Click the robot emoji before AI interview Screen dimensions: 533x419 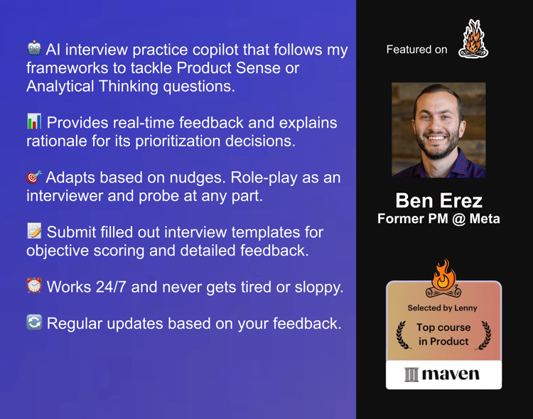click(x=34, y=48)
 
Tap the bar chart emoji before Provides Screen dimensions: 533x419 click(x=34, y=121)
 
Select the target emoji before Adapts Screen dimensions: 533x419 click(x=34, y=177)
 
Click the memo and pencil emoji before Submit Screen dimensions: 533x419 click(x=34, y=231)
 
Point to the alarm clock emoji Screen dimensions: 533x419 click(x=34, y=285)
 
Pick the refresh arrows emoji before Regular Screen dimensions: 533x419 click(x=34, y=322)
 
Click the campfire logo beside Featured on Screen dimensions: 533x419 click(x=473, y=38)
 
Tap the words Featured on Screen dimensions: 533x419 click(x=416, y=50)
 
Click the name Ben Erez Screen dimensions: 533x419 click(x=439, y=200)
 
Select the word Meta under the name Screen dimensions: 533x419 click(x=485, y=219)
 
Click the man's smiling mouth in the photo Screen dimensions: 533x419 click(x=436, y=138)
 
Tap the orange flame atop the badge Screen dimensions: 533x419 click(x=443, y=274)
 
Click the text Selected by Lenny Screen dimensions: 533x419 click(x=442, y=308)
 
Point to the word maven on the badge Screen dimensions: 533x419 click(x=451, y=374)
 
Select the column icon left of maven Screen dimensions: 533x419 click(x=411, y=374)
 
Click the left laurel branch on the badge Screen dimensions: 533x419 click(x=402, y=335)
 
